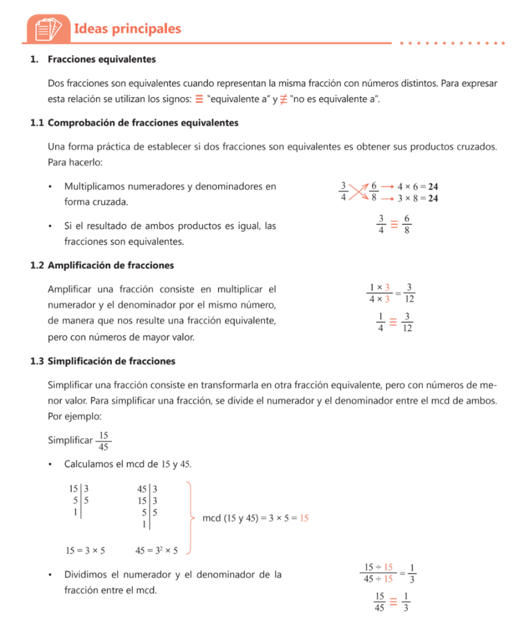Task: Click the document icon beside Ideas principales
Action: coord(49,29)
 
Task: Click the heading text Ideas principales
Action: coord(127,28)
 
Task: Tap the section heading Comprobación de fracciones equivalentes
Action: coord(143,123)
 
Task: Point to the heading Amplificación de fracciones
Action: coord(111,265)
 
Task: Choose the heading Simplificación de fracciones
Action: coord(111,361)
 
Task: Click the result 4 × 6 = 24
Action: coord(419,186)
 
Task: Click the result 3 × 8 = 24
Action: coord(419,198)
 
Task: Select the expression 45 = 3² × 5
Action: coord(157,550)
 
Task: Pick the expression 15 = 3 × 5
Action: coord(85,550)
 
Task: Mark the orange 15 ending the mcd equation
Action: coord(304,518)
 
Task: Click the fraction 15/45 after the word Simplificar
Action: coord(104,441)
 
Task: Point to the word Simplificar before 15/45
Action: coord(70,441)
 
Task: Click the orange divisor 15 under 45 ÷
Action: coord(388,579)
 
